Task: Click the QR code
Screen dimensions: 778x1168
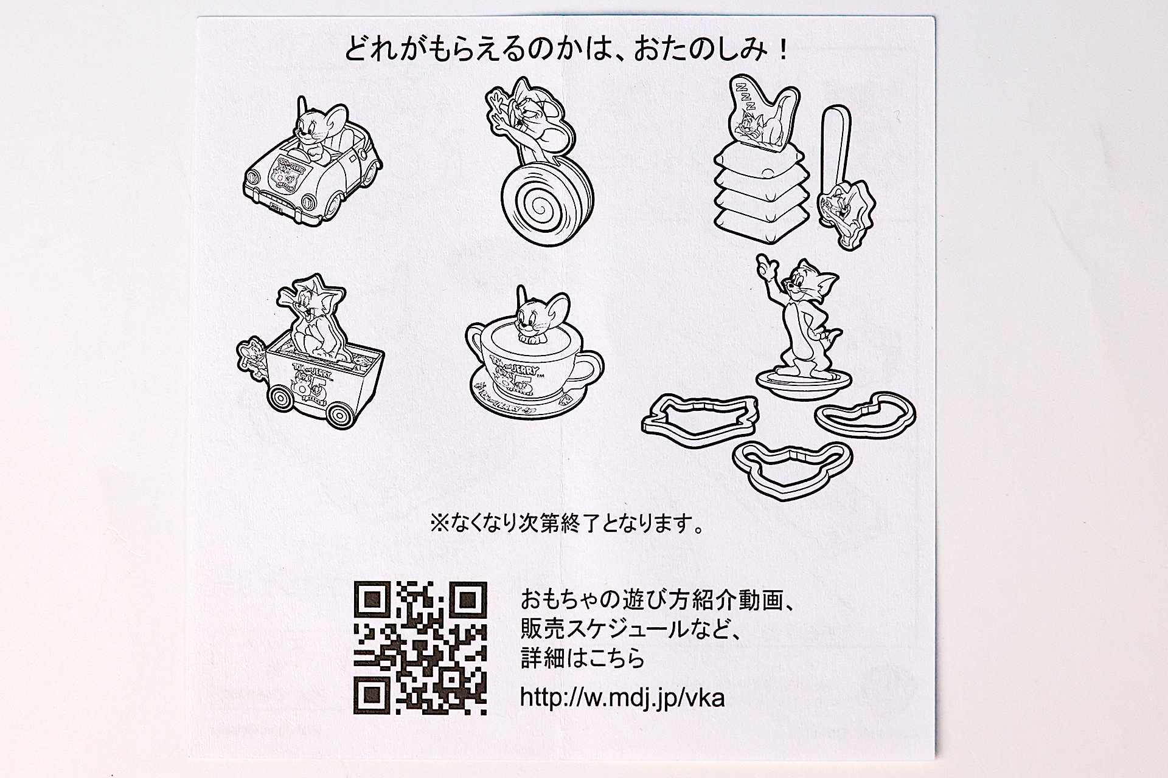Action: (x=420, y=648)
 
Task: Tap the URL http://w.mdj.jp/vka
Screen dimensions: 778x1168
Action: (x=622, y=698)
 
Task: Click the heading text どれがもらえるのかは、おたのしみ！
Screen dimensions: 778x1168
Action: (x=566, y=49)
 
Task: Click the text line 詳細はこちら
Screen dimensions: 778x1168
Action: (x=582, y=658)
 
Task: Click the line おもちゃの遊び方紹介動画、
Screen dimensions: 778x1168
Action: (x=657, y=601)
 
